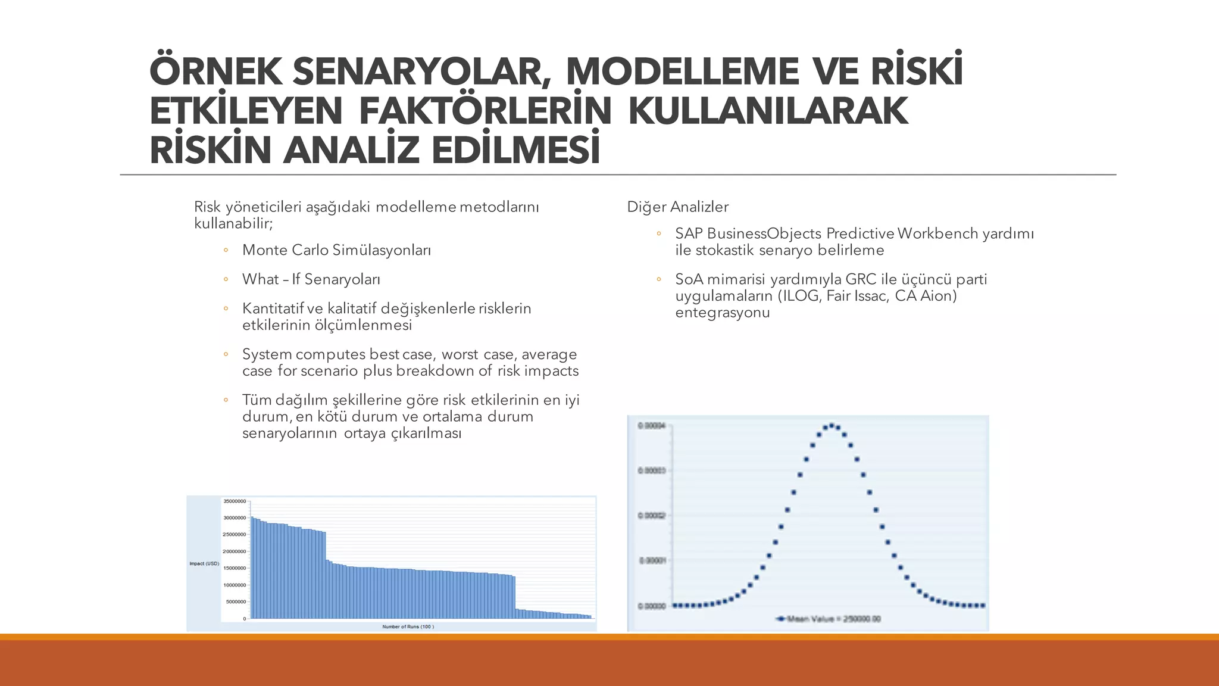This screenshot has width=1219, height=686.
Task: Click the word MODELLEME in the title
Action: [x=682, y=71]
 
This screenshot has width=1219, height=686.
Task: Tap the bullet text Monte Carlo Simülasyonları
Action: [x=336, y=250]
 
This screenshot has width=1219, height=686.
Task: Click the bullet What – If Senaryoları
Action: [x=311, y=279]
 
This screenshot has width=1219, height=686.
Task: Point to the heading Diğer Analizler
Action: [x=677, y=207]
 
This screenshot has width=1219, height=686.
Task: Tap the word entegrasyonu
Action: [x=722, y=313]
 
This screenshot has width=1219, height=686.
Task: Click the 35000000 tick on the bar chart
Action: [x=235, y=501]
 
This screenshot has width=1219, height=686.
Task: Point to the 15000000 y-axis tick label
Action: [x=235, y=568]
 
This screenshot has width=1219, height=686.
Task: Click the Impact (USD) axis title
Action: [x=204, y=563]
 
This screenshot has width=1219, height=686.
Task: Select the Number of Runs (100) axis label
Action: [x=408, y=626]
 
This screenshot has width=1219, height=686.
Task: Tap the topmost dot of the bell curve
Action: [x=832, y=425]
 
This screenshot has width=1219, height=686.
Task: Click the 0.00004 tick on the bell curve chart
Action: [x=651, y=426]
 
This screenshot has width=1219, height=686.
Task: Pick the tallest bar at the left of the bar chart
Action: [x=252, y=566]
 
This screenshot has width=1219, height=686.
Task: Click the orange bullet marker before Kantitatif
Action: [x=226, y=309]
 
